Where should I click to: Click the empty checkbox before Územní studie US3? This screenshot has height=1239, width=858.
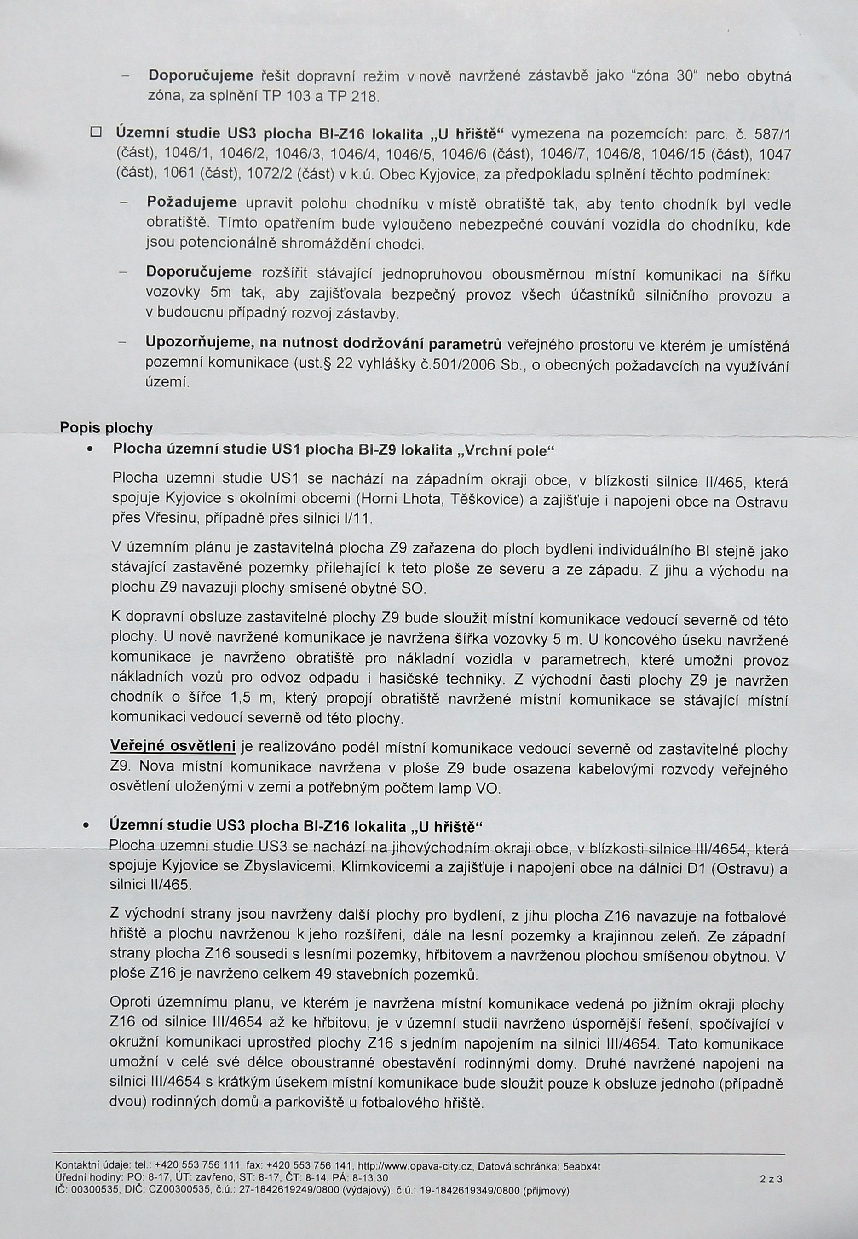click(x=96, y=132)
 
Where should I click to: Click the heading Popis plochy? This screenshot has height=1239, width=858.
click(x=106, y=428)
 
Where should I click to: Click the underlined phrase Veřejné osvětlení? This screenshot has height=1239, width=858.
click(x=173, y=747)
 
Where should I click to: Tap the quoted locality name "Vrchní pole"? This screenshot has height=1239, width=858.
click(x=505, y=450)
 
